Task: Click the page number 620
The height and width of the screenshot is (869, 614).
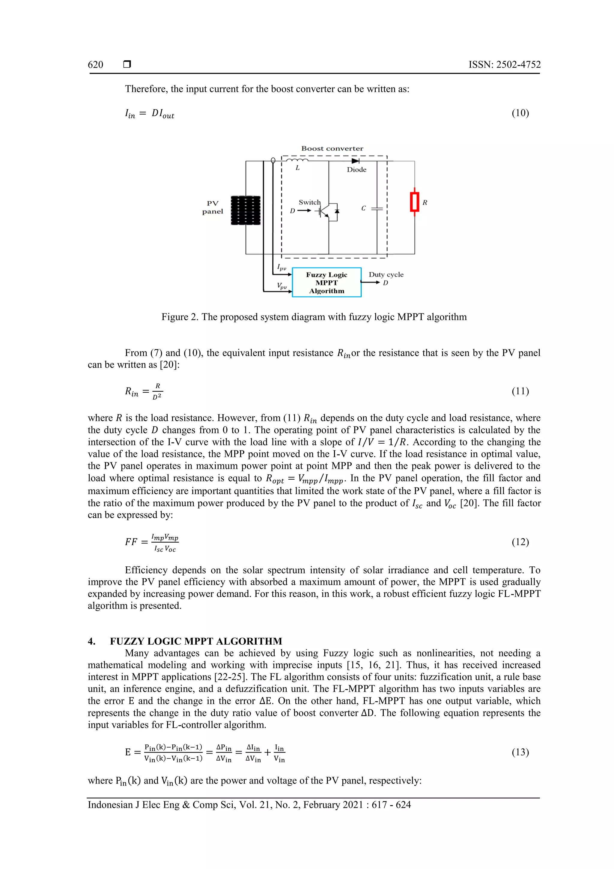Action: [95, 65]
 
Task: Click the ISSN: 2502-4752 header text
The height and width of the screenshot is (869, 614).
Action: [504, 65]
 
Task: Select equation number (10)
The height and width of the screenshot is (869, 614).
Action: [520, 113]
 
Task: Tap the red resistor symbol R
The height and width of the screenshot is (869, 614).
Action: [415, 202]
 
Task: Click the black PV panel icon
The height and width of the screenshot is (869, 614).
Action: [246, 211]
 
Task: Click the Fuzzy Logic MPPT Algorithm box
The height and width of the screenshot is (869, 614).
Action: [326, 282]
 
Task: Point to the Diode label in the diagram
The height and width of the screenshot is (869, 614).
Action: [356, 169]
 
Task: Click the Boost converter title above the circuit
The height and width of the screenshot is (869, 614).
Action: [332, 148]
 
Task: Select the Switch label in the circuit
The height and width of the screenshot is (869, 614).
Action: [309, 202]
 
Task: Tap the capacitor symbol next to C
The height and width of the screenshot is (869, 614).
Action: [377, 208]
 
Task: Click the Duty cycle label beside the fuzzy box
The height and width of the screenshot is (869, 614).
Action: [386, 274]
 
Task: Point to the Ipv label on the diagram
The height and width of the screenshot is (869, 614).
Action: [282, 267]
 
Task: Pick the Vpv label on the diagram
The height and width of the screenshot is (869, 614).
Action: [282, 286]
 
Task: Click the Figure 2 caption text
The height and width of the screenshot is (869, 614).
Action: [314, 317]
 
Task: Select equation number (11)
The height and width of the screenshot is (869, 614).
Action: [520, 391]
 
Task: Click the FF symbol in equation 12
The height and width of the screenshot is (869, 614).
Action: [131, 542]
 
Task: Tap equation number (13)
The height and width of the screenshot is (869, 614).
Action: [520, 752]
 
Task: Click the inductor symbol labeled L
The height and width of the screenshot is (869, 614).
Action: [298, 160]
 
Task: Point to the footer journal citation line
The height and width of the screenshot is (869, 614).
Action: [249, 805]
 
